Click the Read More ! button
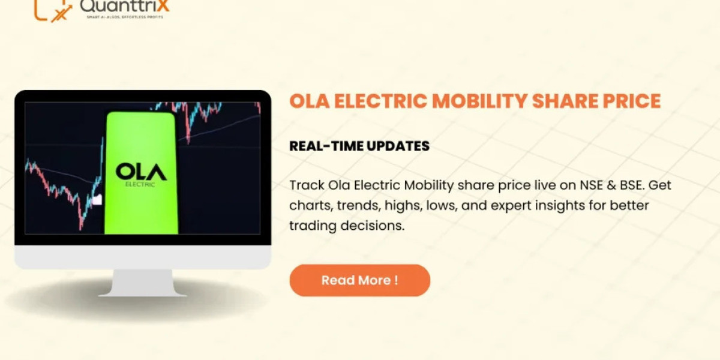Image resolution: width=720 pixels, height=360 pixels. [359, 280]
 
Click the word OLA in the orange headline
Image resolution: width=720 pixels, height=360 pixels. [308, 101]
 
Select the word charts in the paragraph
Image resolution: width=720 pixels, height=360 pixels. [309, 206]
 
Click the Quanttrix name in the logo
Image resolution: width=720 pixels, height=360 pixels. [124, 6]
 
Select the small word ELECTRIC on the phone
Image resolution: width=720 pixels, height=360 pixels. [141, 184]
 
